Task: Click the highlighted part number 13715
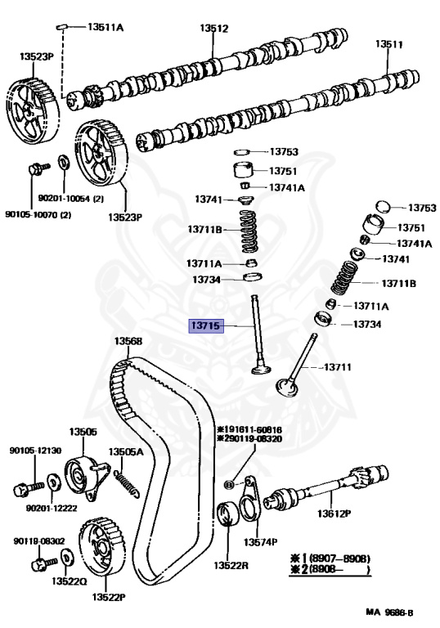click(206, 325)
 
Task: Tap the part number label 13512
click(214, 29)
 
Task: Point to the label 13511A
click(106, 27)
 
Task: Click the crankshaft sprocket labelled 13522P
click(102, 547)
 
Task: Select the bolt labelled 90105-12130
click(28, 489)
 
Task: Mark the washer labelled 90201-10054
click(64, 161)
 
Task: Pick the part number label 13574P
click(260, 542)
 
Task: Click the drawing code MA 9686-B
click(389, 612)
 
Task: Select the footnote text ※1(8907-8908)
click(330, 558)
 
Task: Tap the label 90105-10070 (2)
click(38, 215)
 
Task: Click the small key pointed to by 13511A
click(61, 27)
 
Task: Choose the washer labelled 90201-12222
click(52, 482)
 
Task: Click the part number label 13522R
click(231, 565)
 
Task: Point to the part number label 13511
click(389, 44)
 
